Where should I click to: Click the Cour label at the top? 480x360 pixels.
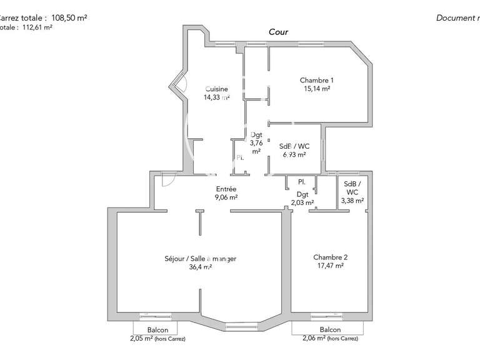[278, 32]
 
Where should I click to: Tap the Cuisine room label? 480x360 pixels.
[217, 89]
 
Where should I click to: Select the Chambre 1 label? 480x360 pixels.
[316, 80]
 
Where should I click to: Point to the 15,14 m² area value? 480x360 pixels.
[316, 89]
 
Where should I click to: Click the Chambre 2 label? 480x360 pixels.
[331, 257]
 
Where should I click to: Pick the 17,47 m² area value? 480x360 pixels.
[331, 266]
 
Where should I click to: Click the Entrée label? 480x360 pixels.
[226, 189]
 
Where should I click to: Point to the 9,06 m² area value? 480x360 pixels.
[226, 197]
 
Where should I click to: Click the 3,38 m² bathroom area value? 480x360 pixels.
[352, 201]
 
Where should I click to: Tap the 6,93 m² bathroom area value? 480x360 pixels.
[293, 154]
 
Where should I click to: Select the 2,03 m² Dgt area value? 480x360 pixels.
[303, 202]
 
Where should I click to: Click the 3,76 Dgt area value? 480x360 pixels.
[256, 142]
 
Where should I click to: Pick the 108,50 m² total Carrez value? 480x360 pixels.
[69, 18]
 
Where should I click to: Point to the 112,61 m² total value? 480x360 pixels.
[38, 27]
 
